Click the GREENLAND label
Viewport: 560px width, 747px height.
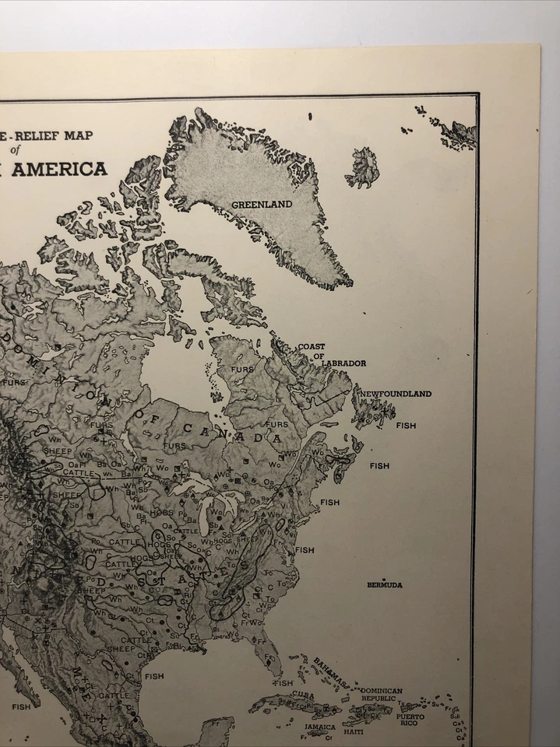coord(261,205)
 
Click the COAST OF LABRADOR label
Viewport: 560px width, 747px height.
coord(322,355)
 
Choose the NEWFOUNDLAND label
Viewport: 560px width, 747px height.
coord(395,394)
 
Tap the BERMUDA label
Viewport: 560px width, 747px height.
coord(385,585)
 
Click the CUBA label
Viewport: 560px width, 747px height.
coord(304,694)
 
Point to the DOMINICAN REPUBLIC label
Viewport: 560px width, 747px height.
coord(381,694)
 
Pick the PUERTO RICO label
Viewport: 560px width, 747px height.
coord(410,720)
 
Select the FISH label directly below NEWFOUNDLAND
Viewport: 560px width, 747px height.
coord(406,426)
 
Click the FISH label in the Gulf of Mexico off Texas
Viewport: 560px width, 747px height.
coord(153,676)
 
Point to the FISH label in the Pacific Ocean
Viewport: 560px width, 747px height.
coord(21,707)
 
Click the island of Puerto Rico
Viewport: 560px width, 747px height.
coord(410,707)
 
